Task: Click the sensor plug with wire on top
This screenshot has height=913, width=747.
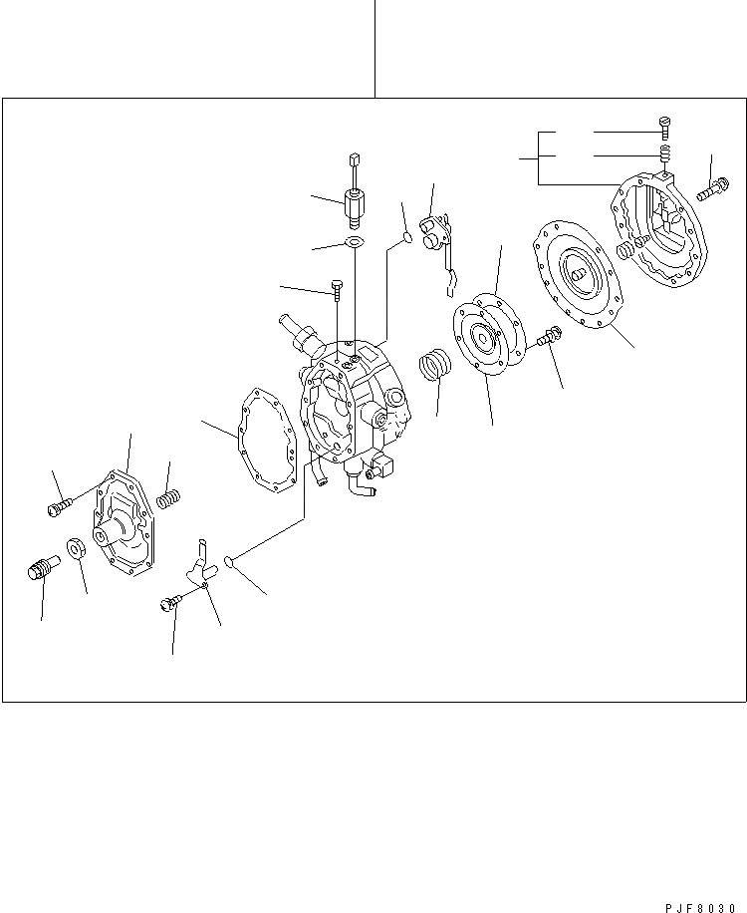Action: click(354, 197)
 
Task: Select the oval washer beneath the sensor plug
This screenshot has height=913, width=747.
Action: click(353, 243)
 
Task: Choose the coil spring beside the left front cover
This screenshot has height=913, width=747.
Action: click(169, 495)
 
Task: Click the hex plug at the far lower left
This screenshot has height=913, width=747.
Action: click(39, 572)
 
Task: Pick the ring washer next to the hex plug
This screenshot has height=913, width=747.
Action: click(76, 548)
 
